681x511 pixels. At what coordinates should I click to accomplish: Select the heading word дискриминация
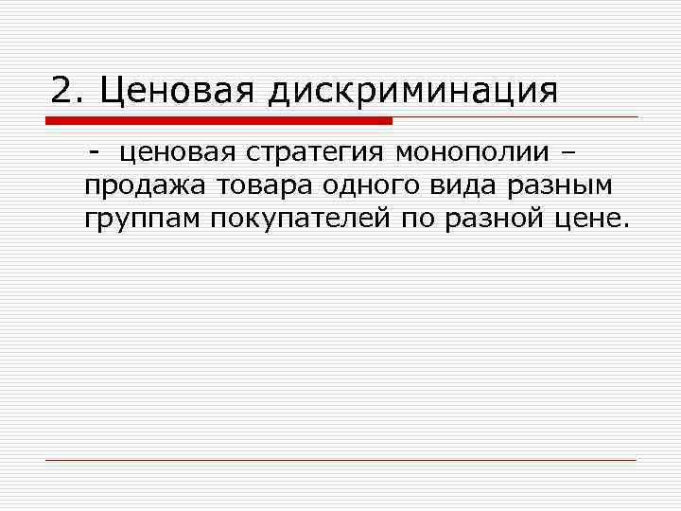point(412,92)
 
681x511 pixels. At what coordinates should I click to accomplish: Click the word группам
point(142,220)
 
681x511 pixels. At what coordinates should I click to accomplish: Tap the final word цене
point(594,220)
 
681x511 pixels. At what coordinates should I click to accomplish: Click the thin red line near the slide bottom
point(340,460)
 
